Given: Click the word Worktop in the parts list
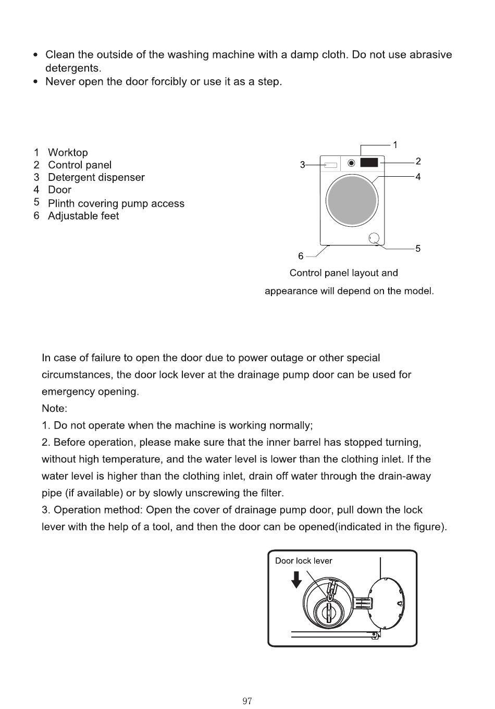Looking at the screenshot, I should pyautogui.click(x=68, y=153).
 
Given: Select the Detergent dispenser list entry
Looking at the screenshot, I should pyautogui.click(x=96, y=178).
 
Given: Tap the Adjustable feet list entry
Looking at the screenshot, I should pyautogui.click(x=83, y=216).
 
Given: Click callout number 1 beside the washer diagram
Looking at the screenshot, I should pyautogui.click(x=395, y=145).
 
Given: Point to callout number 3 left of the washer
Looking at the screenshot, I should pyautogui.click(x=302, y=165).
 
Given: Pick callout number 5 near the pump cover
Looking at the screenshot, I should pyautogui.click(x=418, y=249).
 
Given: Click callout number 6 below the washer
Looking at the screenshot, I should pyautogui.click(x=301, y=256).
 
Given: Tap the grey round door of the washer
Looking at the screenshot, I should pyautogui.click(x=352, y=201).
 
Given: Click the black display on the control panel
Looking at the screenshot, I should pyautogui.click(x=369, y=162).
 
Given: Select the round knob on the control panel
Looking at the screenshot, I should pyautogui.click(x=351, y=163).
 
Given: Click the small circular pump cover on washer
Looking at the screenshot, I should pyautogui.click(x=375, y=238).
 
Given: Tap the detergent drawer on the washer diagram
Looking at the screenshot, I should pyautogui.click(x=330, y=165).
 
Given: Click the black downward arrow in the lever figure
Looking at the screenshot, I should pyautogui.click(x=296, y=579).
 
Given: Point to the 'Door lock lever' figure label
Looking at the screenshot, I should pyautogui.click(x=303, y=561).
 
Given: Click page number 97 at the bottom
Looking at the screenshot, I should pyautogui.click(x=247, y=701).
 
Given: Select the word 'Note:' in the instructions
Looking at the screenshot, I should pyautogui.click(x=54, y=409).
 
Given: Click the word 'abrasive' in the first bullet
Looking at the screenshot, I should pyautogui.click(x=430, y=55).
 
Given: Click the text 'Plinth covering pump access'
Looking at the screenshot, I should pyautogui.click(x=116, y=204).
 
